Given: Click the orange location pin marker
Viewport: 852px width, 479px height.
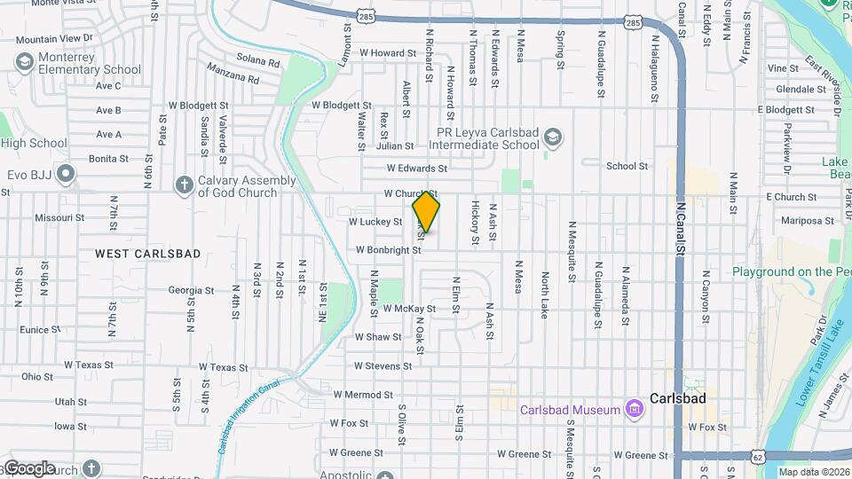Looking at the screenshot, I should coord(426,211).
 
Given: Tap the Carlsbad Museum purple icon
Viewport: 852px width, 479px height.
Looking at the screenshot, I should coord(634,409).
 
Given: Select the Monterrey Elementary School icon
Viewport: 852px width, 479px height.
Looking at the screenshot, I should coord(24,61).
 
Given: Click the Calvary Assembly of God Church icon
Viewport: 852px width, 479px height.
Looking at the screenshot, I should coord(184,185).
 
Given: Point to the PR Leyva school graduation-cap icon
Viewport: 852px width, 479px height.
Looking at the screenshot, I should coord(553,137).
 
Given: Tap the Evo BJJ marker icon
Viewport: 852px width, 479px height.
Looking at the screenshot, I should coord(65,174).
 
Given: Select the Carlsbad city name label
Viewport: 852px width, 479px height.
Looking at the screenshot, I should coord(678,398).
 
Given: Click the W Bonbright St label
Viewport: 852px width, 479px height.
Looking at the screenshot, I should coord(388,250).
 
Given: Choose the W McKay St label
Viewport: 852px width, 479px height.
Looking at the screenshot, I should coord(409,309).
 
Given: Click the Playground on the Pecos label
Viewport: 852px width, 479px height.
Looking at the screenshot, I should coord(791,271).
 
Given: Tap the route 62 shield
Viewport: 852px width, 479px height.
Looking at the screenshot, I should coord(756,455).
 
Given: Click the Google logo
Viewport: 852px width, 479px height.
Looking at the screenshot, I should coord(31,468).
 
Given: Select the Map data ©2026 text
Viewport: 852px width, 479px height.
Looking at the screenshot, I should coord(813,472).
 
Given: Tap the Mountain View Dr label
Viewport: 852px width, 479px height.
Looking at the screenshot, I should coord(54,38).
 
